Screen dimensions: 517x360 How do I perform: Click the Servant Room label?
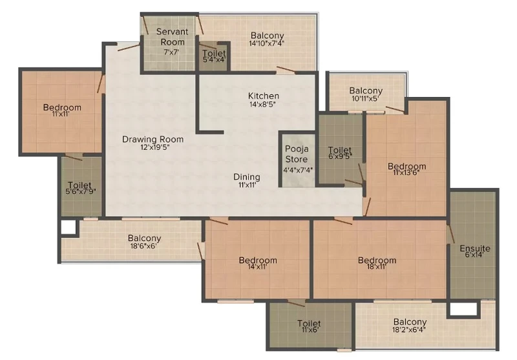pyautogui.click(x=172, y=37)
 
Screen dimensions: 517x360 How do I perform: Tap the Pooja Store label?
pyautogui.click(x=297, y=154)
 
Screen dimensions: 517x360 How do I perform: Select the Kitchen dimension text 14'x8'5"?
pyautogui.click(x=262, y=105)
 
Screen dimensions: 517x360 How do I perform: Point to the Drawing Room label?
pyautogui.click(x=153, y=139)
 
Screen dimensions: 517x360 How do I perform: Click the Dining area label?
pyautogui.click(x=247, y=177)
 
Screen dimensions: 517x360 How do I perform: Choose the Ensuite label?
pyautogui.click(x=475, y=248)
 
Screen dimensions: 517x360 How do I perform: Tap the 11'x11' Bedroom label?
pyautogui.click(x=62, y=107)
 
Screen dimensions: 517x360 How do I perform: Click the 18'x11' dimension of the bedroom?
pyautogui.click(x=377, y=266)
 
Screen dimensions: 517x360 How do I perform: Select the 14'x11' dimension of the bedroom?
pyautogui.click(x=257, y=266)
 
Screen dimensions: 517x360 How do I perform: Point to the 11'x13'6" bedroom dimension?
pyautogui.click(x=406, y=173)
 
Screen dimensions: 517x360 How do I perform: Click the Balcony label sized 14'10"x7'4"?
pyautogui.click(x=267, y=36)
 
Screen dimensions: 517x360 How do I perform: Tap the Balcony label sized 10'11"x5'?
pyautogui.click(x=366, y=90)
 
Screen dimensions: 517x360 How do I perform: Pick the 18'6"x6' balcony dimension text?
pyautogui.click(x=144, y=245)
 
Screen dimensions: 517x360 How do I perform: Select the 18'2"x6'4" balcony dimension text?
pyautogui.click(x=409, y=330)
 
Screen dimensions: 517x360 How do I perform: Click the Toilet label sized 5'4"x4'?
pyautogui.click(x=214, y=53)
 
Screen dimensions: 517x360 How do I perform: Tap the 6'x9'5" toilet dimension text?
pyautogui.click(x=340, y=156)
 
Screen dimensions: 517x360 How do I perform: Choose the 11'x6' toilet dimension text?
pyautogui.click(x=309, y=330)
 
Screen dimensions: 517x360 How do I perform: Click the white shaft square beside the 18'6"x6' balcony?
pyautogui.click(x=69, y=227)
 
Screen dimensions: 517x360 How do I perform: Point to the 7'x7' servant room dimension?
pyautogui.click(x=171, y=52)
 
